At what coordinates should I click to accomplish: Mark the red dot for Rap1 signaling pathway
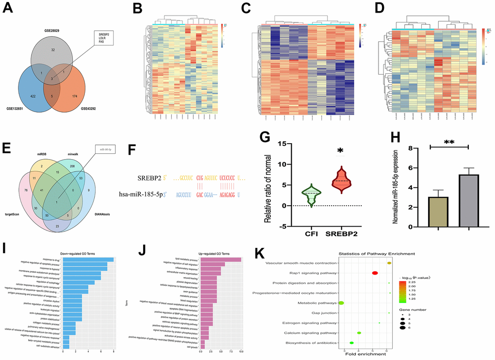click(375, 273)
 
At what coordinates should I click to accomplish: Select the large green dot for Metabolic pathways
click(341, 303)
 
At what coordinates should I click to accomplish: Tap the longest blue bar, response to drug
click(88, 260)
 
